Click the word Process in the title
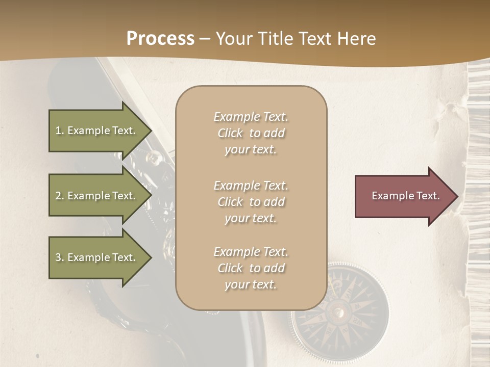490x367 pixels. click(x=160, y=39)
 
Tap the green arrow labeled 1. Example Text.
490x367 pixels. click(x=97, y=130)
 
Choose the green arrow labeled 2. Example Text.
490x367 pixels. click(x=97, y=196)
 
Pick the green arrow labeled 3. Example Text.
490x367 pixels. click(x=97, y=257)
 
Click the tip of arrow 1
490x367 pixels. click(x=151, y=130)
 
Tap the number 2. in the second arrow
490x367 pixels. click(x=60, y=196)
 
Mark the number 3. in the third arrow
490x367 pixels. click(x=60, y=257)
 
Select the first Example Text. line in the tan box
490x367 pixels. click(x=251, y=117)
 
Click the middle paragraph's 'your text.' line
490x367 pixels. click(x=251, y=218)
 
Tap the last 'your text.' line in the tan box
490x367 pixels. click(x=251, y=284)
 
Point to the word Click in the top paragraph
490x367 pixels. click(x=230, y=133)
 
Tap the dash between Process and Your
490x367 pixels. click(x=205, y=39)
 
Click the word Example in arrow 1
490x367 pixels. click(x=89, y=130)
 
